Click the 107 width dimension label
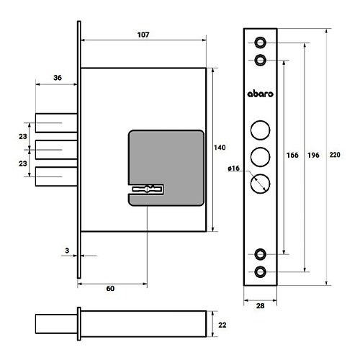tap(143, 35)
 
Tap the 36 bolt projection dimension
tap(58, 78)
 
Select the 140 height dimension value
tap(220, 148)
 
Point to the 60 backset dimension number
tap(110, 288)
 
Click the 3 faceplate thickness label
tap(67, 251)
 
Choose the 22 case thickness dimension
tap(222, 325)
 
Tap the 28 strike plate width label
tap(260, 306)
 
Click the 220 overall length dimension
tap(335, 155)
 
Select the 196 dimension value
tap(313, 155)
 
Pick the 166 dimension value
tap(292, 155)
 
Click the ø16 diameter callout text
tap(234, 168)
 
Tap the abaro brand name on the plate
tap(261, 94)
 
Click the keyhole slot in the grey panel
tap(147, 189)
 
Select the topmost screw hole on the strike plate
tap(260, 42)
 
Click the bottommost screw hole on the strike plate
tap(260, 272)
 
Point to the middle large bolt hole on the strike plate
tap(260, 157)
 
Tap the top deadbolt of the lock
tap(56, 123)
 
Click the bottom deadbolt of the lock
tap(56, 176)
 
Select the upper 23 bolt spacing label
tap(23, 136)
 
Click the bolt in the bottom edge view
tap(56, 324)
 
